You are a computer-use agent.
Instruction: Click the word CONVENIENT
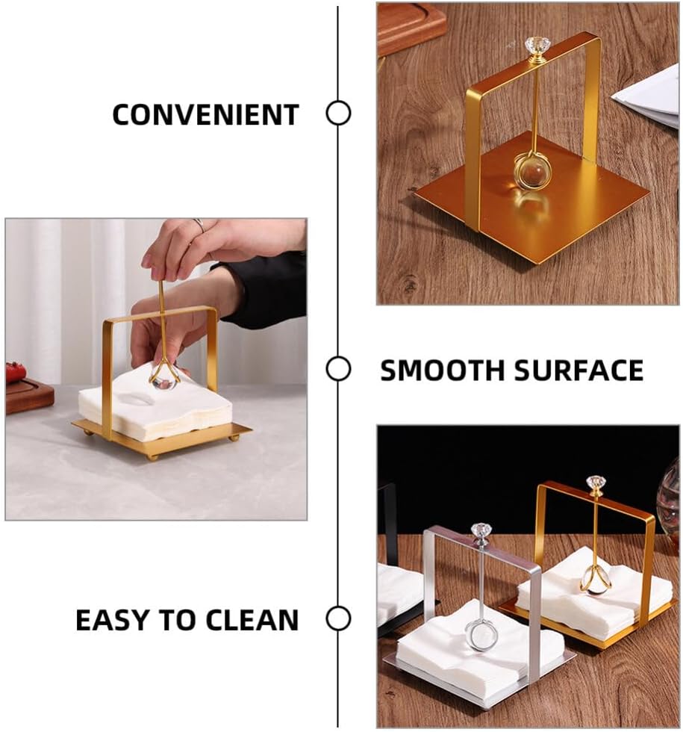(205, 115)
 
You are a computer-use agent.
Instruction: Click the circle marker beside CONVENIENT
(338, 114)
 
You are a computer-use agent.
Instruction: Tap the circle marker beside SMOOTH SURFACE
(338, 368)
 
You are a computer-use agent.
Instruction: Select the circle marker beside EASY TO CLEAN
(338, 618)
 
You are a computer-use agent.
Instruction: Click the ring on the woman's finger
(199, 225)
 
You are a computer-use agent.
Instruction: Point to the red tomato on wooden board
(15, 372)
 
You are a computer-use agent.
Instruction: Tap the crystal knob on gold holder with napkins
(595, 484)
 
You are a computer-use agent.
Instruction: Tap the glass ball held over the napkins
(163, 376)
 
